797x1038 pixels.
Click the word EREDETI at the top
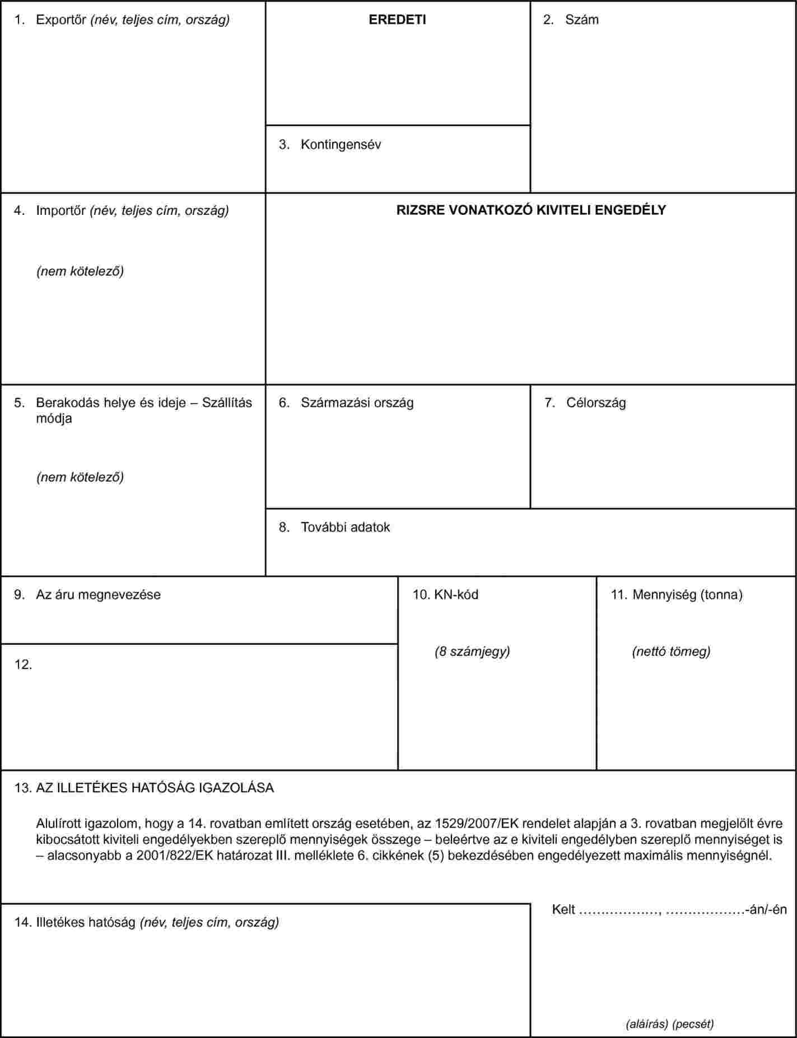coord(397,20)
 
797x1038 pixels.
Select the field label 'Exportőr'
coord(60,20)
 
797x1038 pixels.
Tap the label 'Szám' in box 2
coord(581,20)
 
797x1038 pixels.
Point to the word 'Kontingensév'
coord(341,144)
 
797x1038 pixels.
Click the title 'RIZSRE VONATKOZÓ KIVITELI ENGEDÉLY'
coord(531,210)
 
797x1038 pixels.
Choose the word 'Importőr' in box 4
coord(60,210)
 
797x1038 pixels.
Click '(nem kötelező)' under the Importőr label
coord(80,271)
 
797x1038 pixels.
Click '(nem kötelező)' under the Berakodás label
coord(80,477)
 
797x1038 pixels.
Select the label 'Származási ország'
coord(357,403)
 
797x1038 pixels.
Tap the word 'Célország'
coord(596,403)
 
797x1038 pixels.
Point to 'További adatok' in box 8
coord(345,527)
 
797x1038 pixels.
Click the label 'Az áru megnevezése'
coord(98,594)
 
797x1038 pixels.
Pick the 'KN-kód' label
coord(456,594)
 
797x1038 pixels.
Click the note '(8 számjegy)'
coord(472,651)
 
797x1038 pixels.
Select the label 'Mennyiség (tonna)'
coord(687,594)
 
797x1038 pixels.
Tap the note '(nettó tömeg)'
coord(671,651)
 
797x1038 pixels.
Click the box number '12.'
coord(23,665)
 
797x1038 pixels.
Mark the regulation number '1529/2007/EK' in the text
coord(469,824)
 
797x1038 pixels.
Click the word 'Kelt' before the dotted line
coord(563,909)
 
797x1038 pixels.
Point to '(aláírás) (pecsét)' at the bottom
coord(669,1024)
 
